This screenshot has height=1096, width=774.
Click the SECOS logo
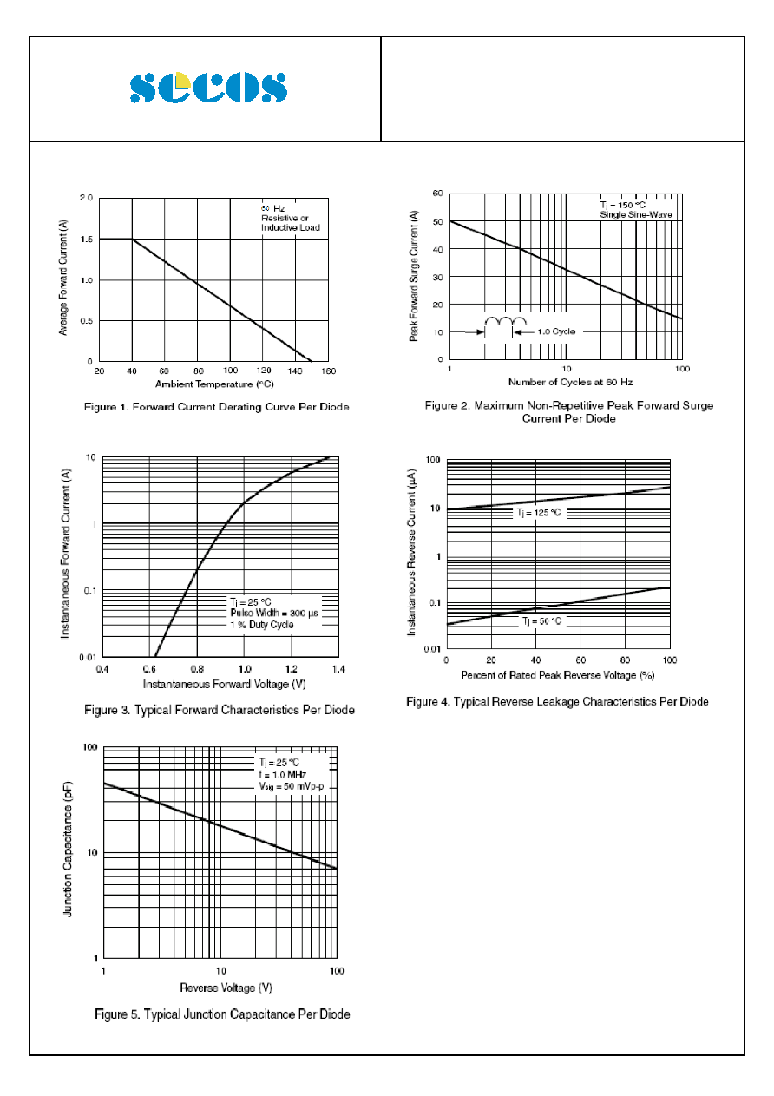[208, 88]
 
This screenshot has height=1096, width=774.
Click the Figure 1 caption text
[216, 407]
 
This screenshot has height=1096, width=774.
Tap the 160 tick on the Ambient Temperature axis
[328, 371]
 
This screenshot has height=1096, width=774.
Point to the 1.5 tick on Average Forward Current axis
[87, 240]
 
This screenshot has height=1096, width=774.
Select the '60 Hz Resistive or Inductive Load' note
[290, 218]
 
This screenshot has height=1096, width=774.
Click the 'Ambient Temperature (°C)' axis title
[214, 384]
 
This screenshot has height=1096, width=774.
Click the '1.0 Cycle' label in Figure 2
[556, 331]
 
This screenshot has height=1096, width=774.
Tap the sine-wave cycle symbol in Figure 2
[505, 320]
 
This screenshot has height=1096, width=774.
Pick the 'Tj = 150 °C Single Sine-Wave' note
[635, 210]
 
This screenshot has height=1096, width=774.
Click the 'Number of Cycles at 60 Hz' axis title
[570, 382]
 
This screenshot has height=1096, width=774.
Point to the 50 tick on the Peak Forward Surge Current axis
[437, 221]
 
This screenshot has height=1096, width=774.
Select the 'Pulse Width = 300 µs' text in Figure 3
[274, 613]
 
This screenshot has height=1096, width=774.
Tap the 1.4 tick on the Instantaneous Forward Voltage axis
[338, 669]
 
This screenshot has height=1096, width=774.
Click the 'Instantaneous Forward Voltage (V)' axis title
[225, 684]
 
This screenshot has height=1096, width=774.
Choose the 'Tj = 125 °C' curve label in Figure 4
[539, 513]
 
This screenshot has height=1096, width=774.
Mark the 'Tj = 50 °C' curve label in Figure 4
[541, 621]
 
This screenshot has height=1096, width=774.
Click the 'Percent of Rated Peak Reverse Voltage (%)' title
[558, 675]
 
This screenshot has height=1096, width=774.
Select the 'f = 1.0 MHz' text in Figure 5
[283, 775]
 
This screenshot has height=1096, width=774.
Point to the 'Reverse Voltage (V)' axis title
[226, 988]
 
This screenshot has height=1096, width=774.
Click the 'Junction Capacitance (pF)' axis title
[68, 849]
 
